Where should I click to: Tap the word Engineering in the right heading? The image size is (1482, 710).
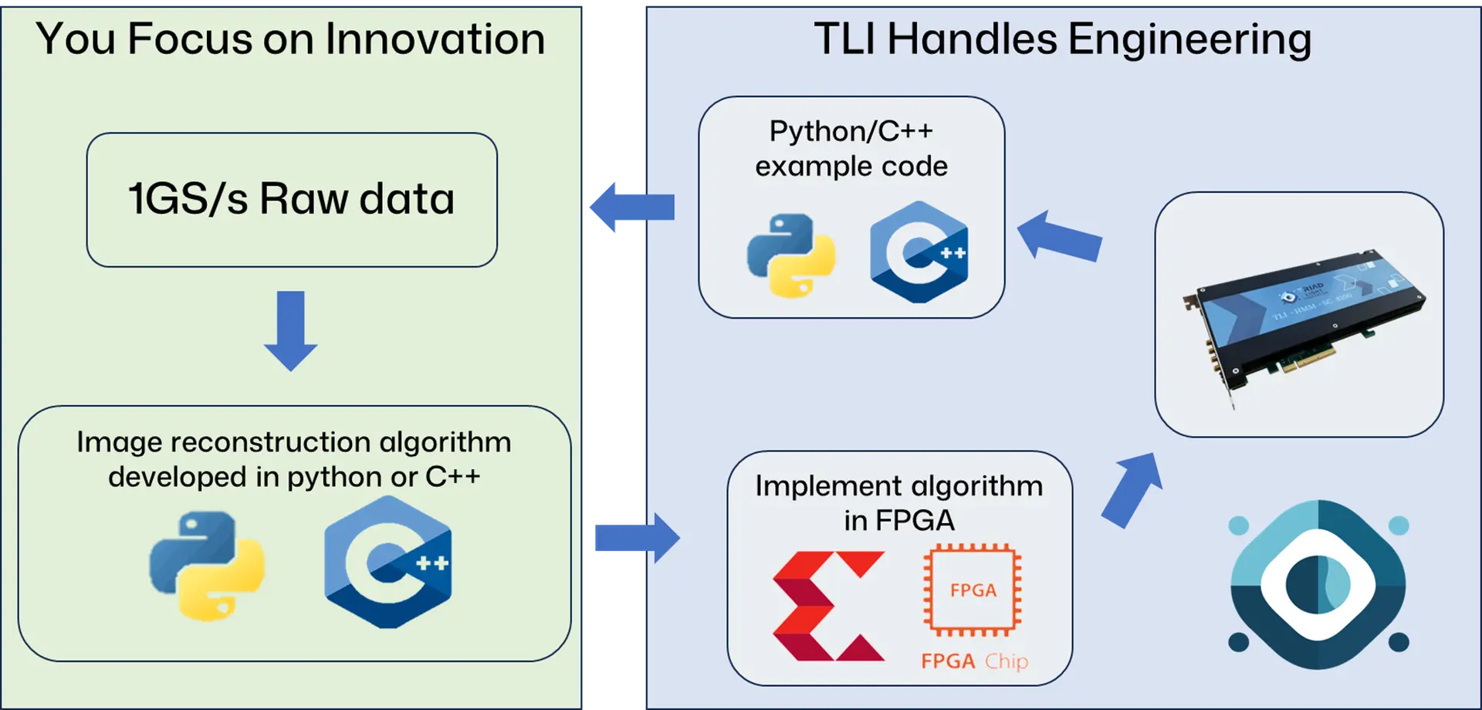pos(1189,40)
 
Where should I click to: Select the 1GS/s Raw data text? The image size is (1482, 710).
pos(291,198)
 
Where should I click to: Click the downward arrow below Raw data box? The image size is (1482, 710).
pos(291,330)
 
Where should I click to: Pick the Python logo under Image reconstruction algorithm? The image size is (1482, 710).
pos(207,566)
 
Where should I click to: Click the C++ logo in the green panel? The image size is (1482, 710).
pos(388,562)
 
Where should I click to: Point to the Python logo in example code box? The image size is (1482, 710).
pos(790,255)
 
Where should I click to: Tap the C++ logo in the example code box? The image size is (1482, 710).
pos(919,252)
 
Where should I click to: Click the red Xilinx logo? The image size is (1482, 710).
pos(827,606)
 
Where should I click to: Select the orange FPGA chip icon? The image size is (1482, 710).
pos(973,590)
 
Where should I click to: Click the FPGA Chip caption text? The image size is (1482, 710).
pos(974,661)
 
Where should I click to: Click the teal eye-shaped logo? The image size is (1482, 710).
pos(1318,584)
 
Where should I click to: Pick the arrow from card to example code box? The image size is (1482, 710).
pos(1060,237)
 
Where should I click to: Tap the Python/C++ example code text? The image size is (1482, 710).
pos(851,148)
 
